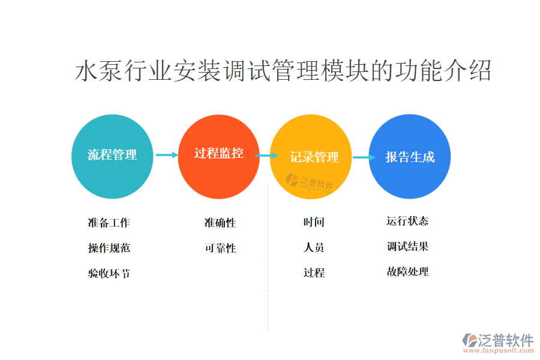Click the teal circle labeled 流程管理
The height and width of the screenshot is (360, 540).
point(112,157)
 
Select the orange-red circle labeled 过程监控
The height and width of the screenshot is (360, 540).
point(218,157)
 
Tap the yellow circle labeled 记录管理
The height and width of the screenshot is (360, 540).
point(311,157)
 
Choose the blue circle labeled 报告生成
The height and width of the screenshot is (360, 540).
point(409,157)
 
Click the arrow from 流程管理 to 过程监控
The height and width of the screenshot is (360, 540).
point(167,155)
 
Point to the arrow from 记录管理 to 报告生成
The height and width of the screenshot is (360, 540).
point(364,157)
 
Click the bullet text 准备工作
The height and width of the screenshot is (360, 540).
point(109,223)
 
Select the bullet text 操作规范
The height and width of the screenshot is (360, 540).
point(109,248)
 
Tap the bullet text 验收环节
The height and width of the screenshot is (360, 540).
point(109,274)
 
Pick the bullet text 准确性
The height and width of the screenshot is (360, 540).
point(220,223)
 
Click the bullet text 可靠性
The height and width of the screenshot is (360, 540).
point(220,248)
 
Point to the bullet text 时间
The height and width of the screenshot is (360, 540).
point(314,222)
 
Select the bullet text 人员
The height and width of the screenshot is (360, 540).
point(314,247)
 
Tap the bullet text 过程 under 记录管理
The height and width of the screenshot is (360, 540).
point(314,273)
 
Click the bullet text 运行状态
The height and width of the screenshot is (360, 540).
point(407,221)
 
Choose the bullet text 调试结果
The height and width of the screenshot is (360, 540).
point(407,247)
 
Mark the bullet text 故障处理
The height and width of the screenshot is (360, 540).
point(407,272)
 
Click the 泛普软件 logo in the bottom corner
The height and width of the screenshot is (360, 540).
point(498,340)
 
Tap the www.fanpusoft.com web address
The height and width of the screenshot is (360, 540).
point(499,350)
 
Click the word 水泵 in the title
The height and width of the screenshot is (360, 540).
point(98,71)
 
